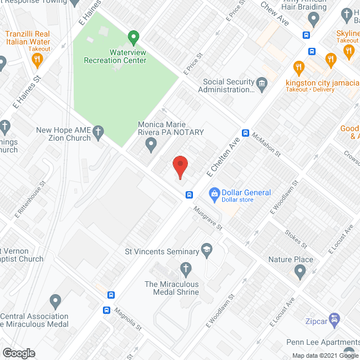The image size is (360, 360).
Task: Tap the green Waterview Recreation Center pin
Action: [x=133, y=38]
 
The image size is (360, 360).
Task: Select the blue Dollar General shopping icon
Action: [x=214, y=195]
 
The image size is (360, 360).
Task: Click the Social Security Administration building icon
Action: [x=262, y=84]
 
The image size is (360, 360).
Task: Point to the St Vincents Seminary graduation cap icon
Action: [x=206, y=252]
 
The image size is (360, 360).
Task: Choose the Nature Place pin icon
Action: [x=300, y=273]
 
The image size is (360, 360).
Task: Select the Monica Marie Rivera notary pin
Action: [x=151, y=145]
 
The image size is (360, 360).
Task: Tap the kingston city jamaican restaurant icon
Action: [x=299, y=69]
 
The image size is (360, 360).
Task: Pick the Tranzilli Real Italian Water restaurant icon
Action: [x=37, y=58]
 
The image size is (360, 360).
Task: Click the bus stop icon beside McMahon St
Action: [x=245, y=133]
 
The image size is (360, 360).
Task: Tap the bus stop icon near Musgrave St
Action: [x=189, y=195]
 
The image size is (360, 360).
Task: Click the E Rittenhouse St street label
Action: [x=31, y=204]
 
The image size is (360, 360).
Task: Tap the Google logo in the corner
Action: [x=18, y=353]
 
